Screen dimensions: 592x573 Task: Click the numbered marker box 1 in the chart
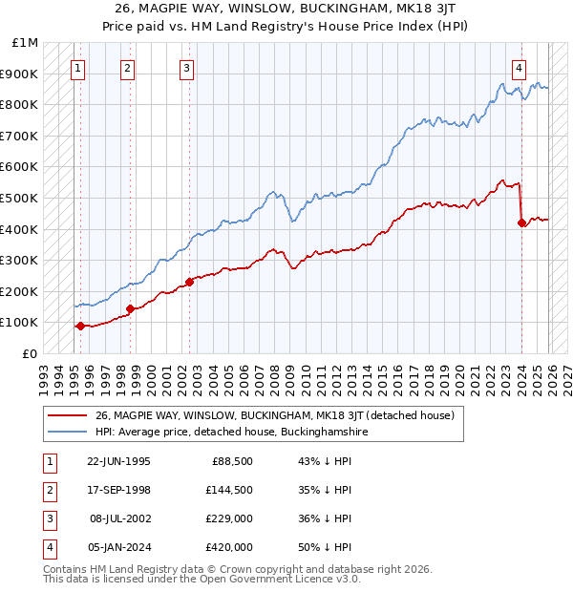point(77,68)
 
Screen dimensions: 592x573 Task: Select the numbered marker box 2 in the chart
point(128,68)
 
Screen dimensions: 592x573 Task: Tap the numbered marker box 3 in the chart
point(186,68)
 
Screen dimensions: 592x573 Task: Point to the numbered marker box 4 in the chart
point(519,68)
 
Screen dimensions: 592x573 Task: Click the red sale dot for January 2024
point(521,223)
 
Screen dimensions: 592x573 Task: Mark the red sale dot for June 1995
point(80,326)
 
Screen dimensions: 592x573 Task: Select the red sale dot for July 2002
point(189,282)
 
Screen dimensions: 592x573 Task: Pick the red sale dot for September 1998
point(130,308)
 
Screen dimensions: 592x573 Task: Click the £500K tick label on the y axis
point(19,198)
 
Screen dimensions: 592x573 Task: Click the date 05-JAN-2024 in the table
point(117,547)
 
